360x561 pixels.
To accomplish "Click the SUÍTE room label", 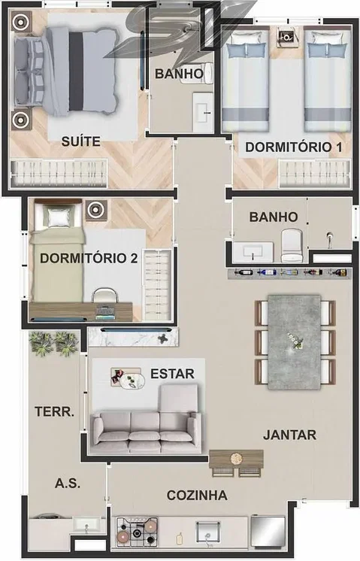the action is click(x=81, y=141).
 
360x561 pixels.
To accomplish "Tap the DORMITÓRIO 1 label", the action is click(x=294, y=147).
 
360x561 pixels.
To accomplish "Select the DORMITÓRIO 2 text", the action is click(x=89, y=258).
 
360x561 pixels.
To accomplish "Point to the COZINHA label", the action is click(x=197, y=495).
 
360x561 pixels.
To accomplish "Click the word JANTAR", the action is click(x=289, y=435).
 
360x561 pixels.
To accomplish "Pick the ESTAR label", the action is click(x=172, y=374).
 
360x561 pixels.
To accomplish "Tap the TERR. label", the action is click(x=54, y=411).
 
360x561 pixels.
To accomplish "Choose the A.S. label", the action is click(x=68, y=484).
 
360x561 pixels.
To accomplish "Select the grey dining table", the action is click(x=294, y=341).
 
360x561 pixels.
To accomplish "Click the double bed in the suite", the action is click(x=66, y=71).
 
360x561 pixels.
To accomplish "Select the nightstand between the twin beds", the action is click(x=286, y=37).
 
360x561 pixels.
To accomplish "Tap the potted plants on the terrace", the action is click(x=53, y=343).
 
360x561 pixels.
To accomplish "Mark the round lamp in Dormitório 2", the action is click(x=95, y=210).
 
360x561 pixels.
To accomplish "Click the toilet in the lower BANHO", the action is click(x=292, y=244).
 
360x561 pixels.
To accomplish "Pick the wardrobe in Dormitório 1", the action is click(x=315, y=174).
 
